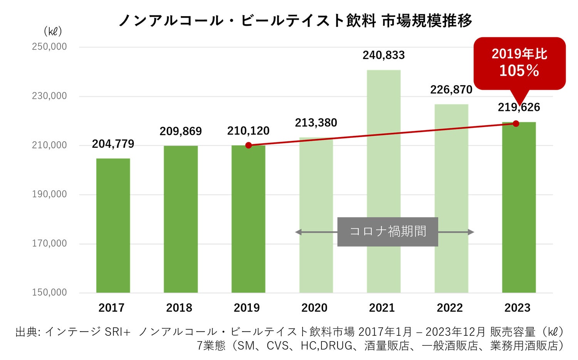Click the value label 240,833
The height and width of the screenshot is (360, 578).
383,55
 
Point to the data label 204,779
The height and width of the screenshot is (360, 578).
113,144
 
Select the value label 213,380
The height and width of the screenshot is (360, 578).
316,123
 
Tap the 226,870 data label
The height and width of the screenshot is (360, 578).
451,90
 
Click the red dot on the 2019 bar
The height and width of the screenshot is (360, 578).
249,145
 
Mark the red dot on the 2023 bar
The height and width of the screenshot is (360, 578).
516,124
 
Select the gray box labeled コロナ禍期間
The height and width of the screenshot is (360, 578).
388,232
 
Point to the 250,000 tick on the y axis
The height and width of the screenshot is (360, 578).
49,47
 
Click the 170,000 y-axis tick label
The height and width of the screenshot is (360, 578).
49,243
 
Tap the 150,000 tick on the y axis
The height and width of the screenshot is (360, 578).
49,292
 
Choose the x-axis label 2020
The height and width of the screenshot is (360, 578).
314,308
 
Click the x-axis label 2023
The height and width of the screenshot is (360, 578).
518,308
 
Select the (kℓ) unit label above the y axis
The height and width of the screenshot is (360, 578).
53,32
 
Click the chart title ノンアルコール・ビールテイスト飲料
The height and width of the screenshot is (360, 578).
247,20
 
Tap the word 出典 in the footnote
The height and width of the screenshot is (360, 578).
27,332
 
